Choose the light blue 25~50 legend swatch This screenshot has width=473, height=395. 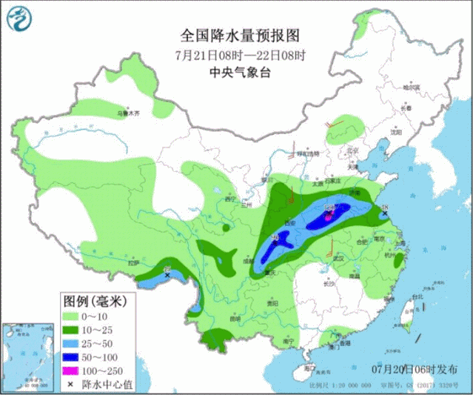tap(73, 345)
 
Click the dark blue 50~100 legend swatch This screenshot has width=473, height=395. tap(73, 358)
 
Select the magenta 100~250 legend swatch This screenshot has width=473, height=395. tap(73, 371)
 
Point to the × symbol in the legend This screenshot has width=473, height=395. tap(73, 384)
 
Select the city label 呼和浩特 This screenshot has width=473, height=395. tap(307, 153)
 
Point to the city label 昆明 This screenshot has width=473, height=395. tap(235, 319)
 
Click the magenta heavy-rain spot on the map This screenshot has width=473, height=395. tap(329, 216)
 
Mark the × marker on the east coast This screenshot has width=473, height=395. tap(383, 214)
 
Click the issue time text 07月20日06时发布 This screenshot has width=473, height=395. tap(415, 368)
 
